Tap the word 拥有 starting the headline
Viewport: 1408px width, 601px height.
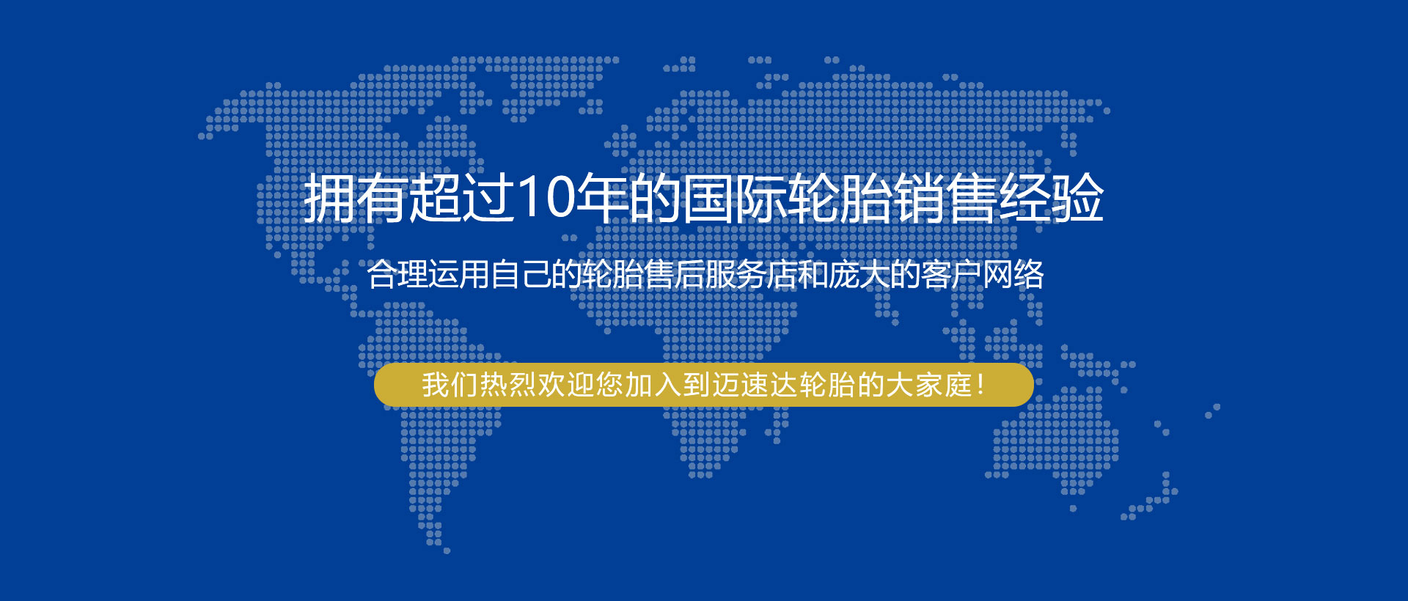[355, 198]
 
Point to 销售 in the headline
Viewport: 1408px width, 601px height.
[946, 198]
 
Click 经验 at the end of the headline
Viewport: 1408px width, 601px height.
[1052, 198]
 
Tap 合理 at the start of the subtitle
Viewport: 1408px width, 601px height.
[397, 274]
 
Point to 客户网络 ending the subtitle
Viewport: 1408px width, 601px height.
[983, 274]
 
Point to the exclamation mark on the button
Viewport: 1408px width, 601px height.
[981, 385]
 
